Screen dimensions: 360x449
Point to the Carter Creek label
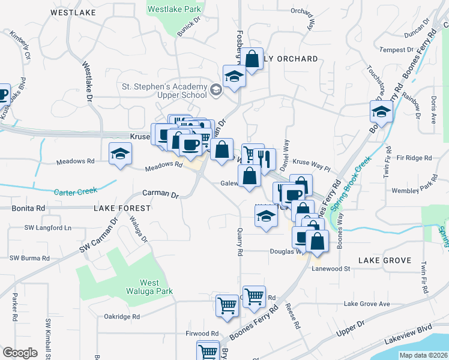tap(75, 193)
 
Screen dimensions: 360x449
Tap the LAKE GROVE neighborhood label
tap(384, 260)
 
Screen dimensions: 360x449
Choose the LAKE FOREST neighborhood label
tap(122, 208)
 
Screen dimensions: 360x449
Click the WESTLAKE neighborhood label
tap(73, 12)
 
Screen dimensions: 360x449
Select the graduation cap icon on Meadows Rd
tap(120, 153)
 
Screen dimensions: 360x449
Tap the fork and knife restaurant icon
tap(264, 159)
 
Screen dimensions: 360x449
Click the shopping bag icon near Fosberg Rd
tap(253, 59)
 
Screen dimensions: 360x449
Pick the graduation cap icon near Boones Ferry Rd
tap(381, 111)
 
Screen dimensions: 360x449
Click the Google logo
tap(20, 353)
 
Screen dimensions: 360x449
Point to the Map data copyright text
tap(423, 355)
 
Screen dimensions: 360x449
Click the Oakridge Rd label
tap(121, 316)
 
